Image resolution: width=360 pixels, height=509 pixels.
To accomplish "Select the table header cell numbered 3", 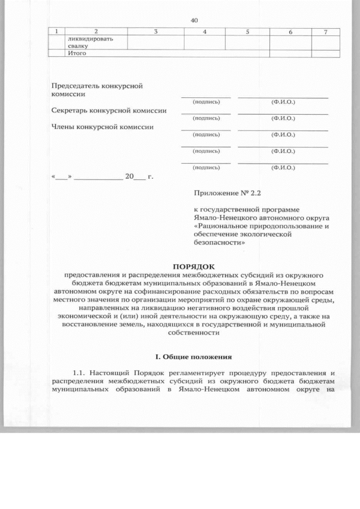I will pos(155,31).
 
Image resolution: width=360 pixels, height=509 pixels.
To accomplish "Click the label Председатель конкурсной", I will pos(97,86).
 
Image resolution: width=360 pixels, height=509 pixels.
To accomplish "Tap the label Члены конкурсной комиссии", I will pos(102,127).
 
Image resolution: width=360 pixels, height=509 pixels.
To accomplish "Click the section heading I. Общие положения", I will pos(193,357).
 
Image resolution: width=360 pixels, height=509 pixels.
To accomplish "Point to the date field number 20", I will pos(129,177).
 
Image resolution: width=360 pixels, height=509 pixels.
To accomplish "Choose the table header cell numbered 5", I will pos(247,31).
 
